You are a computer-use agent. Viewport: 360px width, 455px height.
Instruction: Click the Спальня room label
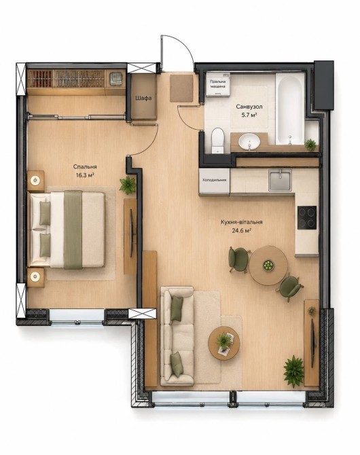85,167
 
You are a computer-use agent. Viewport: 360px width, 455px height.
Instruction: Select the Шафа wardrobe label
143,98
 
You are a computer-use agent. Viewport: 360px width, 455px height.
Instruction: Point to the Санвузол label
249,107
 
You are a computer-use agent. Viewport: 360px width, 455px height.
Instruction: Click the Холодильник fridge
214,181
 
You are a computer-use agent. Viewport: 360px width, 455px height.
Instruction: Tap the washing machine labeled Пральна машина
218,84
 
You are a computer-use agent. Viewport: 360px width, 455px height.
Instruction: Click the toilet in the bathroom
218,141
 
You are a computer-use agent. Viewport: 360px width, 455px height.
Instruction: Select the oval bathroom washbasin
249,142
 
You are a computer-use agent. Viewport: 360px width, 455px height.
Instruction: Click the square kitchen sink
280,181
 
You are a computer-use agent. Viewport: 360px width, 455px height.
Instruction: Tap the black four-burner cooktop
307,217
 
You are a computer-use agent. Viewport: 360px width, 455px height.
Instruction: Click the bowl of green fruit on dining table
268,266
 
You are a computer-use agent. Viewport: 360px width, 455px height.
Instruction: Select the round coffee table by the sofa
224,343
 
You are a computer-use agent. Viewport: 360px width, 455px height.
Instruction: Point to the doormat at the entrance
182,88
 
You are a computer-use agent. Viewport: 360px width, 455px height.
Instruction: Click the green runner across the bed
73,230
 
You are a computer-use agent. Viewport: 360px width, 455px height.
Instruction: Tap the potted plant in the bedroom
128,185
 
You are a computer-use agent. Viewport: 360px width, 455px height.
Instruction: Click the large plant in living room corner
293,371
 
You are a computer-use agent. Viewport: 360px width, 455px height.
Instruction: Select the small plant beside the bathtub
310,145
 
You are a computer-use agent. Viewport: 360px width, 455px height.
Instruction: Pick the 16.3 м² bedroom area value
85,175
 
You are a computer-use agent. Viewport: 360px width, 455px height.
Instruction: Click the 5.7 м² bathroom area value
249,115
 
